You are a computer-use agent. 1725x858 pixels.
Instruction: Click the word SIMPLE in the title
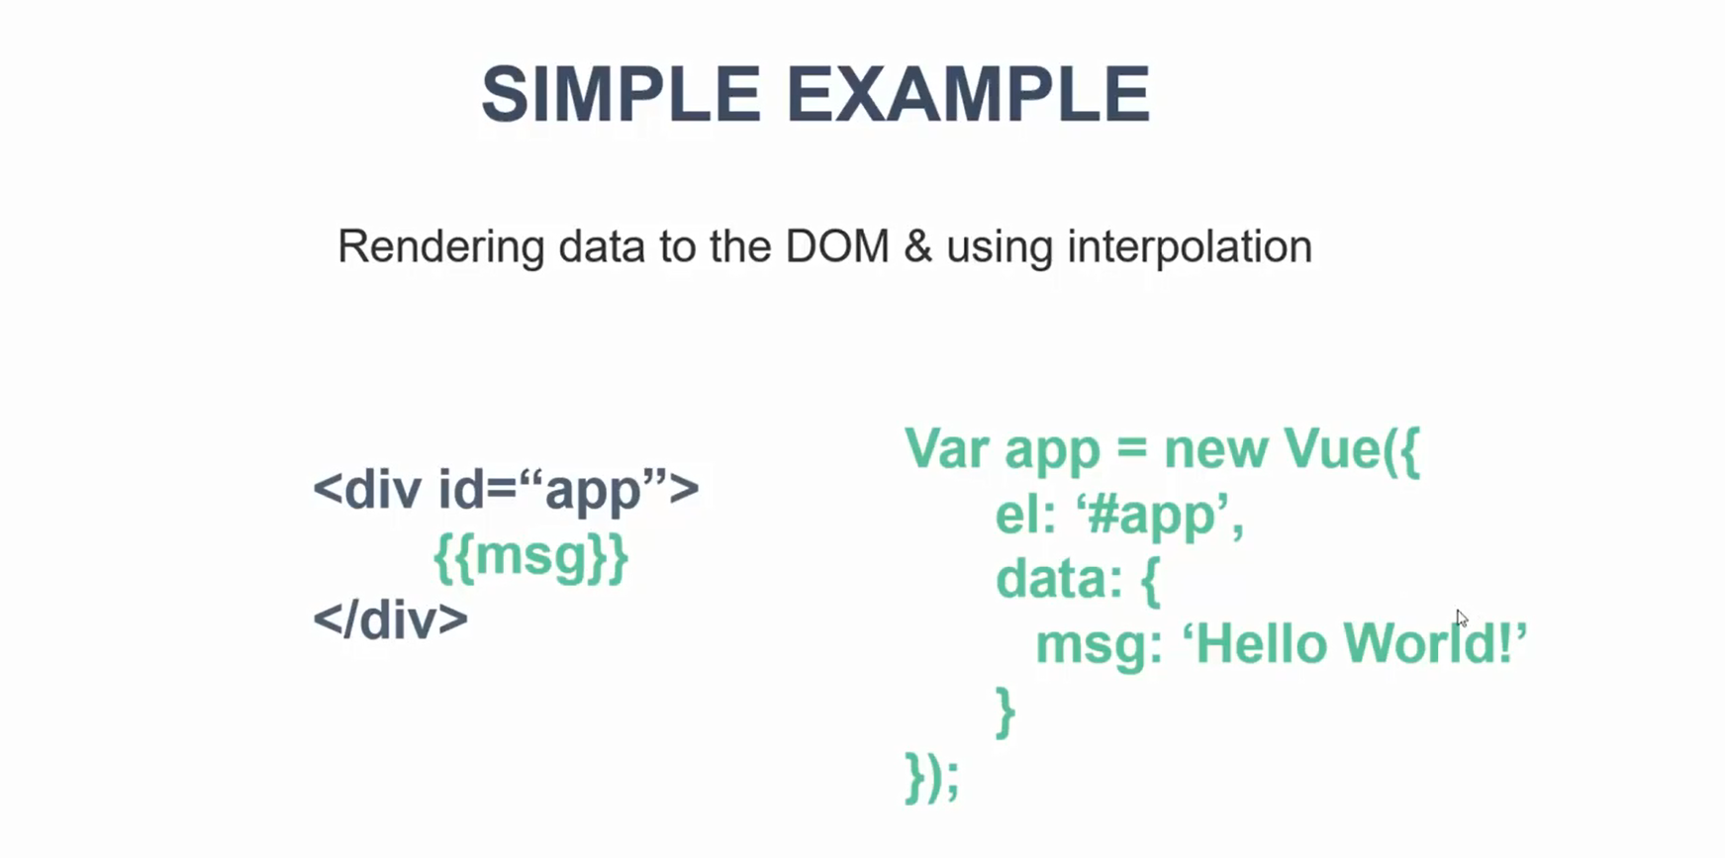click(x=621, y=95)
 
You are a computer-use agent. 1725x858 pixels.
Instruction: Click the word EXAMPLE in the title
click(x=969, y=95)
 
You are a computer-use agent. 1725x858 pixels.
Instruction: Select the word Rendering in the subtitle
click(x=441, y=247)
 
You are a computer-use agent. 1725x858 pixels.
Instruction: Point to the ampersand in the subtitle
click(x=918, y=247)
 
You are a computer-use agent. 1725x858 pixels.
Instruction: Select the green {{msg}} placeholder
click(x=531, y=557)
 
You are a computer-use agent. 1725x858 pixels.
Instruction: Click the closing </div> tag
click(x=391, y=620)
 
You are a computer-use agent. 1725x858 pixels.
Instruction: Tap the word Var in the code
click(x=947, y=448)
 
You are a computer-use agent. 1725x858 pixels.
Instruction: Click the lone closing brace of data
click(x=1005, y=713)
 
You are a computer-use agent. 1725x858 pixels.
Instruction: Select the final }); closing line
click(x=932, y=778)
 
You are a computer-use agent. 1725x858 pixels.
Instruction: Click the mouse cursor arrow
click(x=1462, y=619)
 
